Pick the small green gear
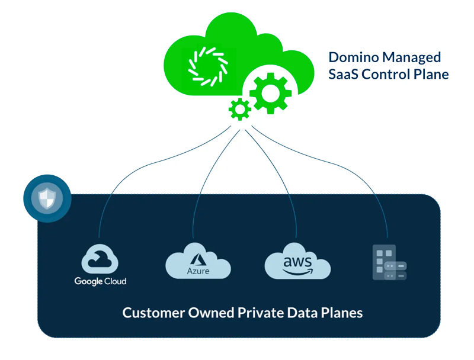click(x=239, y=110)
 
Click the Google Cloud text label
click(x=100, y=281)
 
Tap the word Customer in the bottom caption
click(x=151, y=312)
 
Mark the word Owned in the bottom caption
click(x=206, y=312)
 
